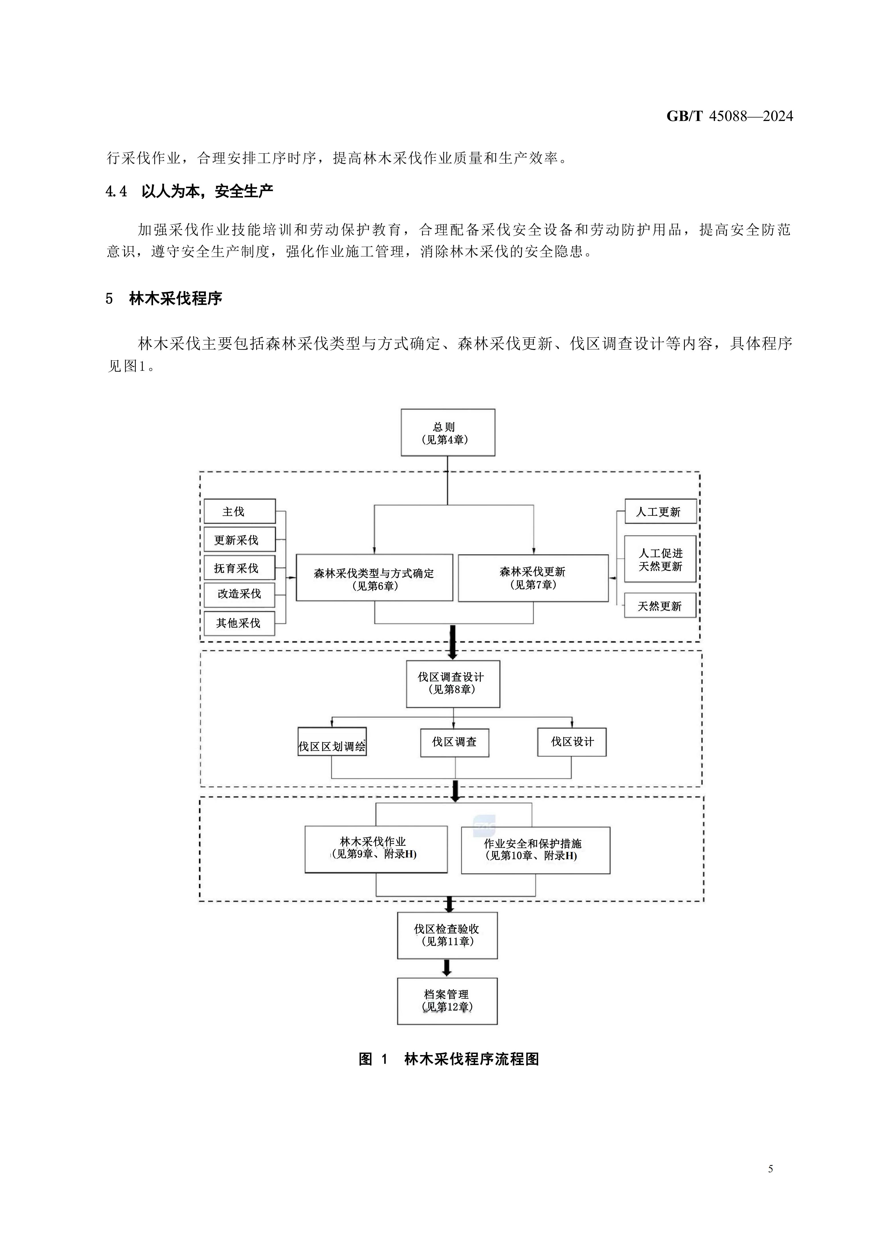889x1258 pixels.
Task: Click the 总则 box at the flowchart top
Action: click(448, 432)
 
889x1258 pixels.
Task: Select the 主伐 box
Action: click(240, 511)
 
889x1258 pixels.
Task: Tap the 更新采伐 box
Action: click(240, 540)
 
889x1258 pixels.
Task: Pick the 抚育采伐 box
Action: click(240, 568)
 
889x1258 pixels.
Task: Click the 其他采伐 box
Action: click(240, 623)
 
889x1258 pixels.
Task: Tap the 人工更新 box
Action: click(661, 511)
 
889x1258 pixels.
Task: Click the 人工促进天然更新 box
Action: click(661, 559)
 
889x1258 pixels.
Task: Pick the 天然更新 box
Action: click(661, 606)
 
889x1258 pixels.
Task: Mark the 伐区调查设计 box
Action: click(453, 683)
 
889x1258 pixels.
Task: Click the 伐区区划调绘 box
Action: click(332, 742)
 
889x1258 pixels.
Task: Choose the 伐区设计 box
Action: click(572, 742)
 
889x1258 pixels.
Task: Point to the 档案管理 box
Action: click(447, 1001)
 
